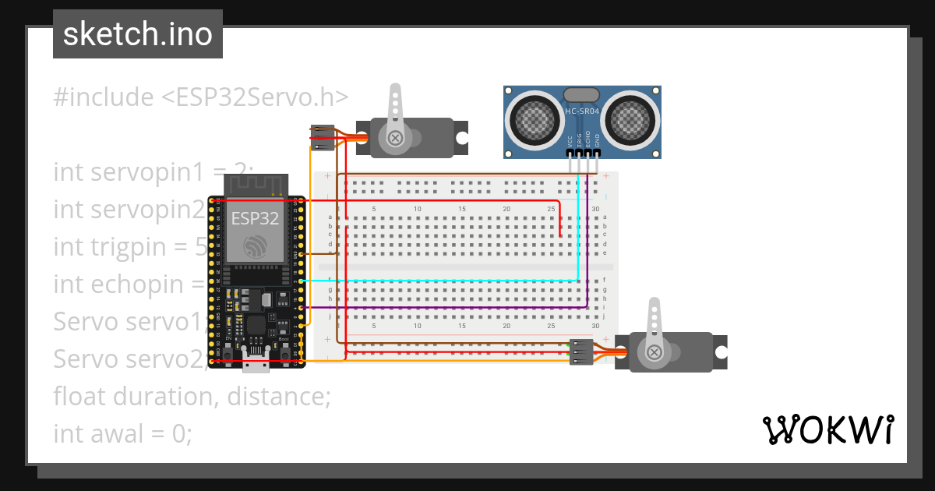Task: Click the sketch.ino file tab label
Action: point(137,34)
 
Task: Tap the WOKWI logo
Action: point(827,430)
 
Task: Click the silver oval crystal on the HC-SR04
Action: point(580,94)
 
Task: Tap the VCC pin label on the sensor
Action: point(570,142)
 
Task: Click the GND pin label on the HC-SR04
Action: point(598,142)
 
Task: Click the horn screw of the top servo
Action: point(396,138)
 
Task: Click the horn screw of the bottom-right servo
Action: point(655,353)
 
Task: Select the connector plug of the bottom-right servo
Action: point(580,351)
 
